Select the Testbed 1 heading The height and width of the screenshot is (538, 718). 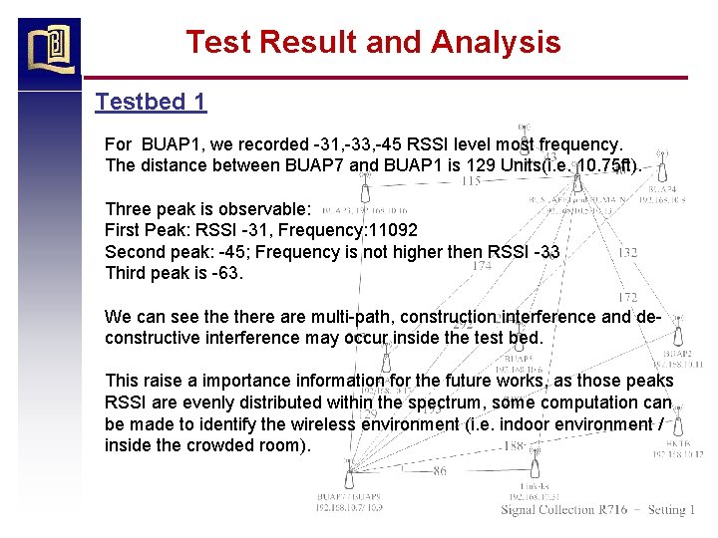point(151,102)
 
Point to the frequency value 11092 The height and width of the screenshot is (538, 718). point(393,230)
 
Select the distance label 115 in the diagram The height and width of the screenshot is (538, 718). point(472,181)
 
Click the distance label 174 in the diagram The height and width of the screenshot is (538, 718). point(483,266)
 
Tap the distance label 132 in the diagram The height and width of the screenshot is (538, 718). point(627,253)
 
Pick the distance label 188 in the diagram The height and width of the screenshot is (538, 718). point(515,446)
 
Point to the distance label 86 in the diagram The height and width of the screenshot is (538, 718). point(440,471)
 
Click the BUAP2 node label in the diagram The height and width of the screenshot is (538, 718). point(678,354)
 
